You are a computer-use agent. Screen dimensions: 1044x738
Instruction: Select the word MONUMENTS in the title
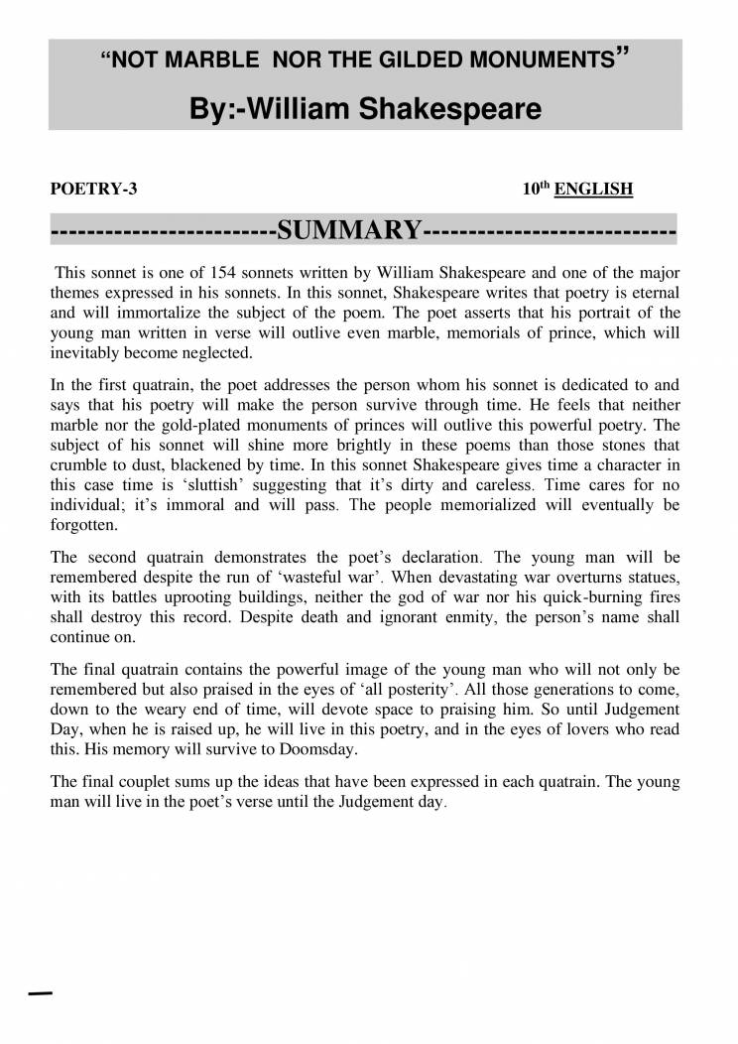point(541,61)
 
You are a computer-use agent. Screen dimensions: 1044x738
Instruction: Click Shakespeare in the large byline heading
point(449,108)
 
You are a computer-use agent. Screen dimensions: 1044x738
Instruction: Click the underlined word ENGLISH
point(593,189)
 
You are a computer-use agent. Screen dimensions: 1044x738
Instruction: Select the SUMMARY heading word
point(349,231)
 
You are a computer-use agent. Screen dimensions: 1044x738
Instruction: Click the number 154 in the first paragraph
point(230,271)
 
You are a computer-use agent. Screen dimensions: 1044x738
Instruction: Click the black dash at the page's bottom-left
point(40,993)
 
